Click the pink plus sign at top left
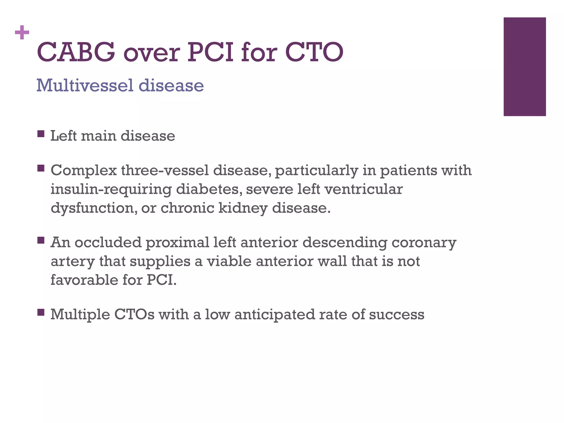point(22,33)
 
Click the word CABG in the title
point(76,52)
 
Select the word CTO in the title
point(314,52)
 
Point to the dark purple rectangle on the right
point(524,67)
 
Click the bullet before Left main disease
point(41,134)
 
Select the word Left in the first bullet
point(63,136)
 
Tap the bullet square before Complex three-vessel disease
point(41,168)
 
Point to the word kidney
point(243,208)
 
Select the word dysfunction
point(94,208)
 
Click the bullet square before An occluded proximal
point(41,240)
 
